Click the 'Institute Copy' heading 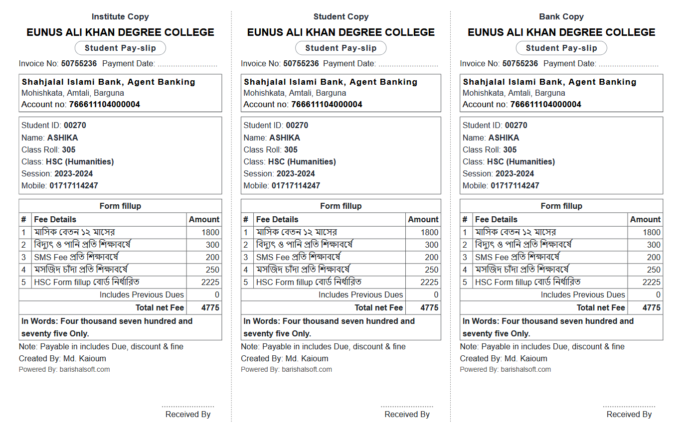point(120,16)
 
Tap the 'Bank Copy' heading point(561,16)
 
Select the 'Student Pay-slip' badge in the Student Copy point(341,48)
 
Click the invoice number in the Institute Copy point(79,63)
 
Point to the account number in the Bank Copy point(545,104)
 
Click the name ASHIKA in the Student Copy point(285,138)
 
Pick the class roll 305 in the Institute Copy point(69,149)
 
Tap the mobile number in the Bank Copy point(515,185)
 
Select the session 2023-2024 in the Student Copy point(296,173)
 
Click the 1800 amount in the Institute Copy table point(210,232)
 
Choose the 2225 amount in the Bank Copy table point(651,282)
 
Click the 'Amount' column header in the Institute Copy point(204,219)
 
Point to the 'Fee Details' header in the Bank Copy point(496,219)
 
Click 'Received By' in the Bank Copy point(629,414)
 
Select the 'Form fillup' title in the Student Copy point(341,206)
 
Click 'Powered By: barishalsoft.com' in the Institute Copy point(64,369)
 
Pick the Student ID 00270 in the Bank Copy point(515,125)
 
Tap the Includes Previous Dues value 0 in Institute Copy point(217,295)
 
